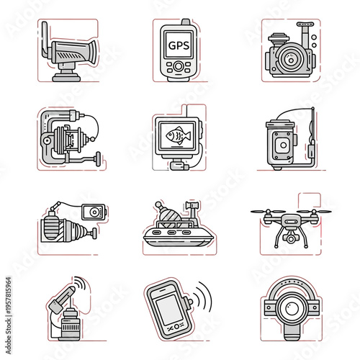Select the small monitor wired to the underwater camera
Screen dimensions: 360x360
93,212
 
